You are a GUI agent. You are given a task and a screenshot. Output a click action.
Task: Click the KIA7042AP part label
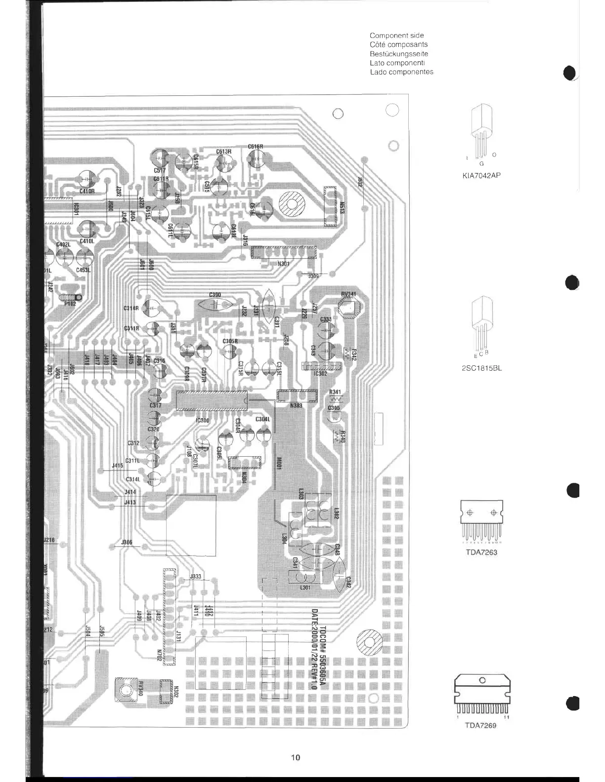[x=481, y=175]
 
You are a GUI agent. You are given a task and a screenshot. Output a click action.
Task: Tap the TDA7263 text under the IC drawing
[x=481, y=552]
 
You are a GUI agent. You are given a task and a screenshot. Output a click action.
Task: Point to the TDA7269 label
[x=480, y=725]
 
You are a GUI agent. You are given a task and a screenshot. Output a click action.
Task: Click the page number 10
[x=296, y=757]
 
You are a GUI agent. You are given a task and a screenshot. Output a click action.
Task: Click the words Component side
[x=396, y=36]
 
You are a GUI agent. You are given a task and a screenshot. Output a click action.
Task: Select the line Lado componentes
[x=401, y=72]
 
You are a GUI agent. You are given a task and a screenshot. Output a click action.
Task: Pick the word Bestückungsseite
[x=399, y=54]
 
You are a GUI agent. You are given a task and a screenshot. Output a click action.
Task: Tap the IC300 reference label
[x=203, y=421]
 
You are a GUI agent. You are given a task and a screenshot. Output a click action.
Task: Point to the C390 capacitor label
[x=215, y=295]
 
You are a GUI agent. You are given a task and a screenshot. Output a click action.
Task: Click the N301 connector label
[x=283, y=264]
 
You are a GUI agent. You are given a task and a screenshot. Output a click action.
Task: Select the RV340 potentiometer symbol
[x=125, y=690]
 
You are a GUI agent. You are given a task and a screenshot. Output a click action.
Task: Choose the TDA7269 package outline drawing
[x=482, y=694]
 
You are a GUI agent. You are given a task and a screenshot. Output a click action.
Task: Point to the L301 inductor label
[x=305, y=588]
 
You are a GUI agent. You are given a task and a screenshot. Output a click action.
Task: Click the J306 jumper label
[x=127, y=543]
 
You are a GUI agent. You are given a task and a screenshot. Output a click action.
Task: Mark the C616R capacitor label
[x=256, y=147]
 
